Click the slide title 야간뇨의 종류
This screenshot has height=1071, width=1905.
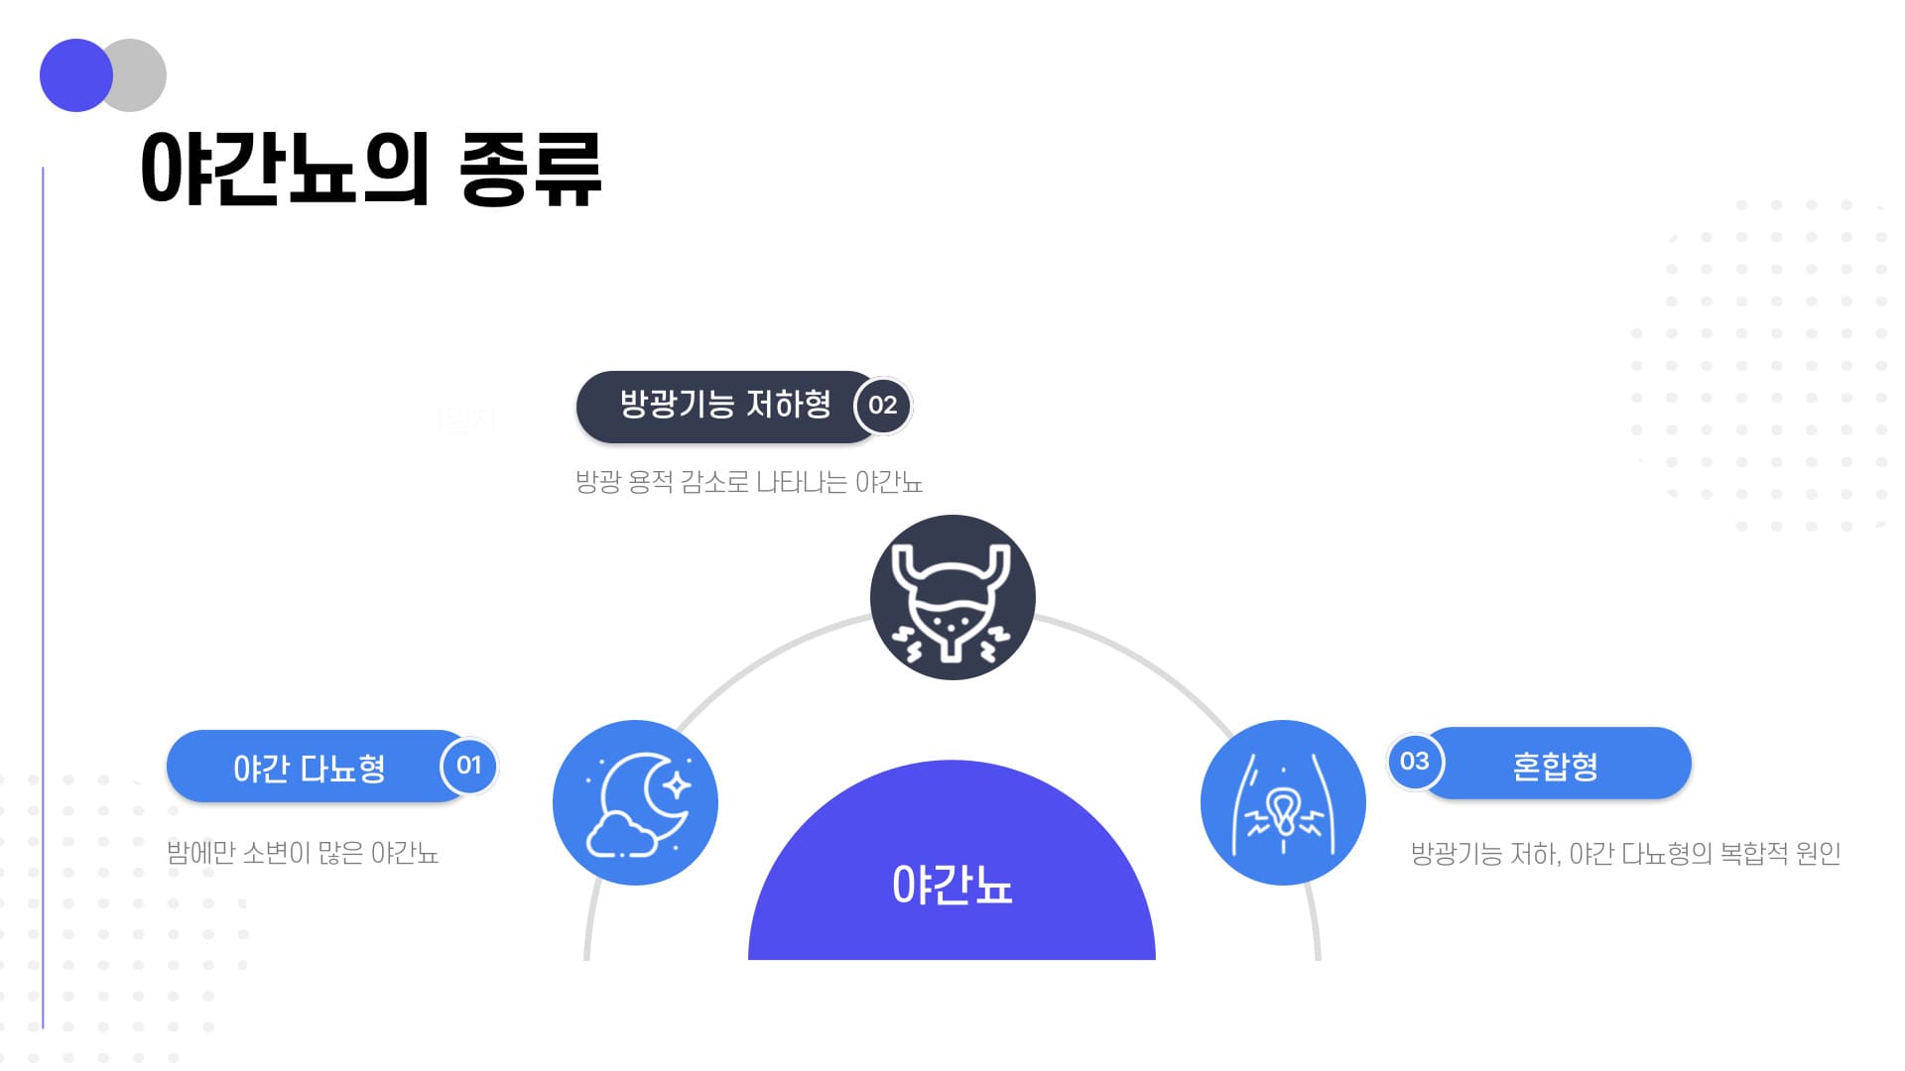pyautogui.click(x=371, y=170)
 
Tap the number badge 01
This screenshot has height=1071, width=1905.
pyautogui.click(x=468, y=766)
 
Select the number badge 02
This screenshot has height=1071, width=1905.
pyautogui.click(x=882, y=406)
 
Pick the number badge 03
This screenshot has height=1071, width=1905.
pyautogui.click(x=1415, y=762)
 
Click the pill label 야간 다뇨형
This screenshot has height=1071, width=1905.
pyautogui.click(x=310, y=768)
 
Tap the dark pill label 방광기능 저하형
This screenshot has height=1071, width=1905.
pyautogui.click(x=725, y=405)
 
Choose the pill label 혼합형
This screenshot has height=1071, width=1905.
pyautogui.click(x=1555, y=765)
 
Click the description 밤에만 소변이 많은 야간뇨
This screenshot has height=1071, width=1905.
pyautogui.click(x=303, y=853)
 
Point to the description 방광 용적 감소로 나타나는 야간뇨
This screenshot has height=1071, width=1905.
pyautogui.click(x=749, y=482)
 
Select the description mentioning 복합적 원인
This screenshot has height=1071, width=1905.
pyautogui.click(x=1626, y=853)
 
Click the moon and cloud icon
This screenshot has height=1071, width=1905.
pyautogui.click(x=635, y=802)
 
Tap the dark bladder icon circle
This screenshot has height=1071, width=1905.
pyautogui.click(x=952, y=597)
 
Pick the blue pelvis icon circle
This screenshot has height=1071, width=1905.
pyautogui.click(x=1283, y=802)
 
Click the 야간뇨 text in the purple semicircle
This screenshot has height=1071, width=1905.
pyautogui.click(x=952, y=885)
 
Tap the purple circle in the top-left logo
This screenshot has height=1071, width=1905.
pyautogui.click(x=76, y=75)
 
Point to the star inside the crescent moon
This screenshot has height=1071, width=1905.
pyautogui.click(x=677, y=785)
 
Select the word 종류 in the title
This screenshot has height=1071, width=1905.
pyautogui.click(x=531, y=170)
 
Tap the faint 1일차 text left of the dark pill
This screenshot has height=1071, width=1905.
pyautogui.click(x=466, y=419)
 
